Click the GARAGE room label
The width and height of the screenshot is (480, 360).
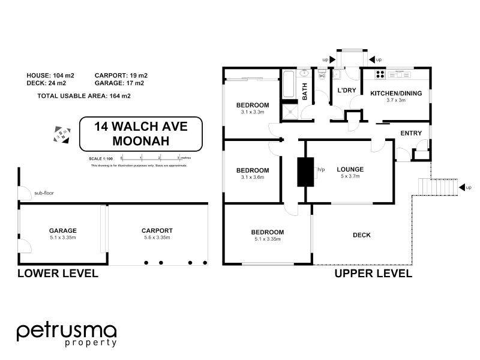pos(63,230)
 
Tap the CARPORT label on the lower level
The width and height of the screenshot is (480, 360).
pos(157,230)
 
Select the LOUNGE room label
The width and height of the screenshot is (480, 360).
pos(350,169)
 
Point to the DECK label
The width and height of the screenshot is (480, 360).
pos(362,235)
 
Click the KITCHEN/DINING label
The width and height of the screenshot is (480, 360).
pos(396,93)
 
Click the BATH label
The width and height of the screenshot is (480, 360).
pos(305,92)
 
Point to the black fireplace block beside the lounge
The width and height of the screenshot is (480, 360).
pos(305,172)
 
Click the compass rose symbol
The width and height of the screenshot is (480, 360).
pos(61,134)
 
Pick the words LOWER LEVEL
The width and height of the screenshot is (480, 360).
pos(58,274)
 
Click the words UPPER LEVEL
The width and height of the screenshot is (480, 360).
pos(373,274)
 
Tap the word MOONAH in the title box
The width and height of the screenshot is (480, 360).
pos(141,141)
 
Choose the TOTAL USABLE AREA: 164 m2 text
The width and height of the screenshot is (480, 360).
pos(84,95)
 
